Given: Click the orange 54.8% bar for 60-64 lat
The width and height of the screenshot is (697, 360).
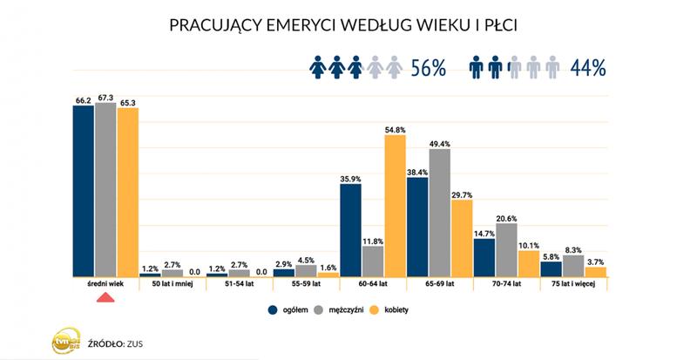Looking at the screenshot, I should point(395,206).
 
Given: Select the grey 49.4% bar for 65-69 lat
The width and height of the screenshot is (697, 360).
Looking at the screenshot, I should point(439,213).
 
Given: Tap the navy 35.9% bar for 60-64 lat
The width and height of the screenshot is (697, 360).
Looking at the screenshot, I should point(350,230).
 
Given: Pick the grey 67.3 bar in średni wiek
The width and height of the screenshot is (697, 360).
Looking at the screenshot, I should point(105,191).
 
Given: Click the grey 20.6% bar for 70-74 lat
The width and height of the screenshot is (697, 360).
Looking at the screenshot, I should point(506,250).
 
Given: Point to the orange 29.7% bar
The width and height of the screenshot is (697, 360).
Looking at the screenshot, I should point(462,238).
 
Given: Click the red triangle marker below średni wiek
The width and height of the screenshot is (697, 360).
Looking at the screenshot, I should point(105,299).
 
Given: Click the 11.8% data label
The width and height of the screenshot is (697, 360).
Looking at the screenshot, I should point(373,241).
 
